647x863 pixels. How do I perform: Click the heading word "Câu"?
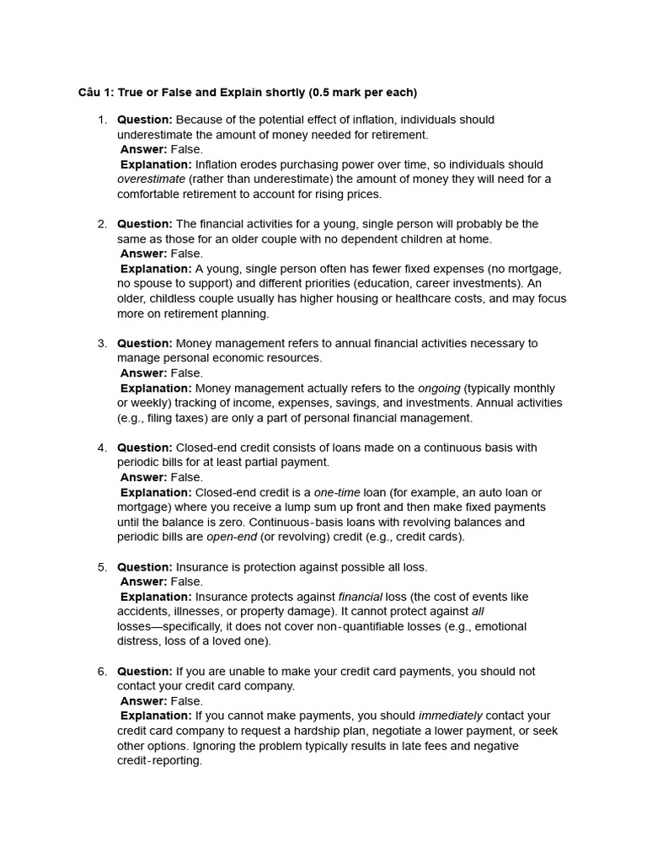[90, 92]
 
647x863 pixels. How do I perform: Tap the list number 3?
[102, 343]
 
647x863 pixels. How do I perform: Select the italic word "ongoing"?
[439, 389]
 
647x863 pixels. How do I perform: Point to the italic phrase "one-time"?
[336, 492]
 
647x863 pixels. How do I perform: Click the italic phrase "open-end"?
[232, 537]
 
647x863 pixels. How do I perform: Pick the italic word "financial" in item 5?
[360, 597]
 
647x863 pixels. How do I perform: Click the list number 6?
[102, 671]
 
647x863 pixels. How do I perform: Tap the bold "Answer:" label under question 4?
[143, 477]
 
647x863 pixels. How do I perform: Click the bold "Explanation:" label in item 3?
[156, 389]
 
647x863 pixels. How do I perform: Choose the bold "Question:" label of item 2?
[145, 224]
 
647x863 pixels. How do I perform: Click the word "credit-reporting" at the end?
[159, 761]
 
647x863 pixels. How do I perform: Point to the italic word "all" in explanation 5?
[478, 612]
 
